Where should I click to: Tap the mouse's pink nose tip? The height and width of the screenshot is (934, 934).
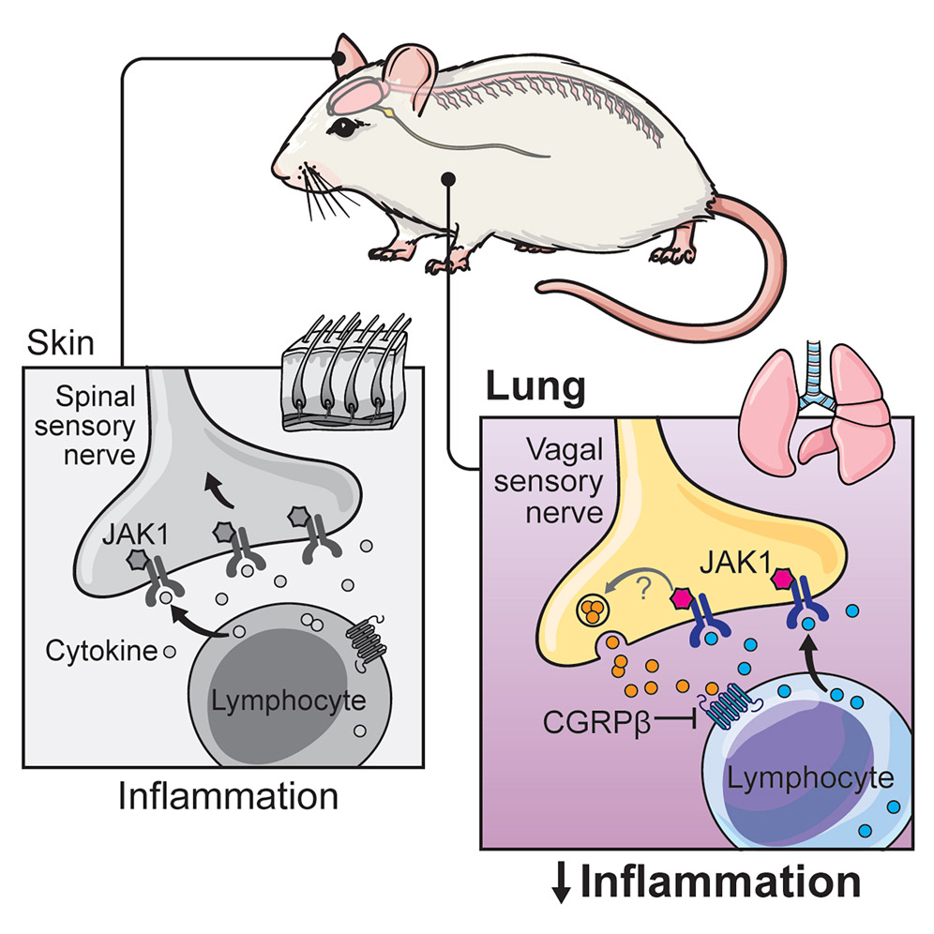pyautogui.click(x=278, y=173)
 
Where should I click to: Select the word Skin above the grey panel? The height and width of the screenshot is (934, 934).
pyautogui.click(x=62, y=343)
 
